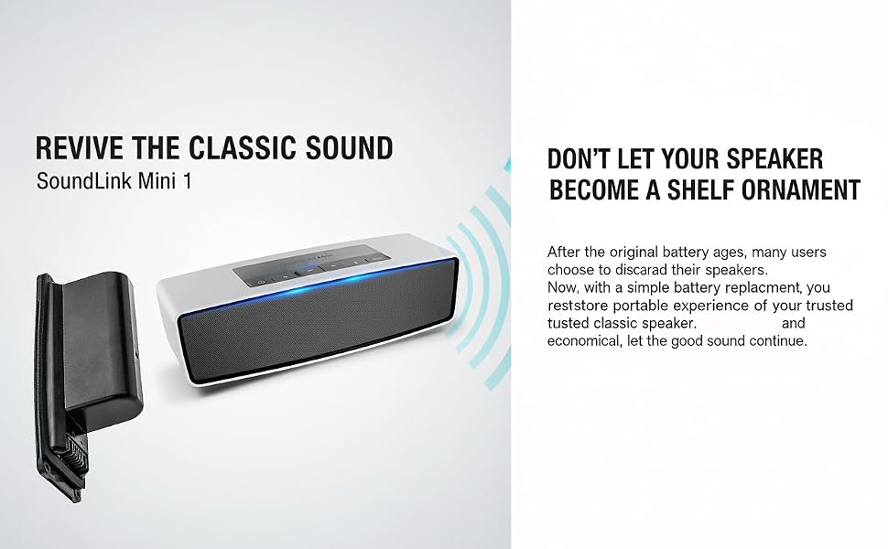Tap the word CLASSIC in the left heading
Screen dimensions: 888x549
[242, 147]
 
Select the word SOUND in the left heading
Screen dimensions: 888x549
[349, 147]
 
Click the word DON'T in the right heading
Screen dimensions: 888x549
[578, 159]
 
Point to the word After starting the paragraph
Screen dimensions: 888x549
[564, 252]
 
